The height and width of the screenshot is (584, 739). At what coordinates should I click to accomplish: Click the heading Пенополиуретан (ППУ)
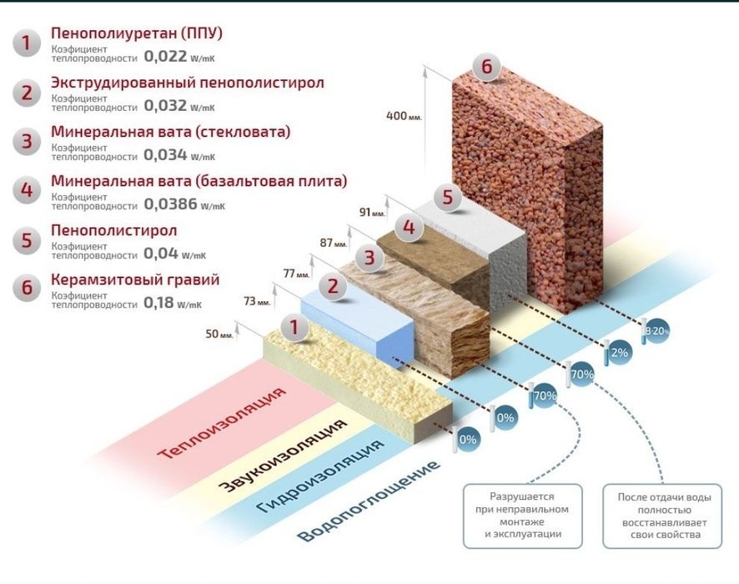(x=137, y=33)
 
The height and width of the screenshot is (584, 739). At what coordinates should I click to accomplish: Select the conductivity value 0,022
(x=165, y=57)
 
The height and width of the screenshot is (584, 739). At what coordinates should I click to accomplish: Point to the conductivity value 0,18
(x=158, y=303)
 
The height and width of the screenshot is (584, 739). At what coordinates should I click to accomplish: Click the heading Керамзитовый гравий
(x=135, y=279)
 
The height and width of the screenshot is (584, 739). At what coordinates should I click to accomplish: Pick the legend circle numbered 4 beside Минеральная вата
(x=27, y=189)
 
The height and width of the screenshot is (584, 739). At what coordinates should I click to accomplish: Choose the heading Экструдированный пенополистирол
(x=188, y=83)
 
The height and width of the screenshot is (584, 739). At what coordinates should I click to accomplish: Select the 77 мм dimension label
(x=296, y=274)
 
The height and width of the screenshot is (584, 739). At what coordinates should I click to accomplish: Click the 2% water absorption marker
(x=619, y=352)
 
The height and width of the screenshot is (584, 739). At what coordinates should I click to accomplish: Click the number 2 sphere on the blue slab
(x=333, y=287)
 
